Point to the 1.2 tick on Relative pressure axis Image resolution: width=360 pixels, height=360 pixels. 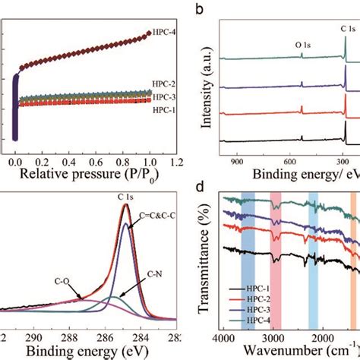pyautogui.click(x=176, y=163)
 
